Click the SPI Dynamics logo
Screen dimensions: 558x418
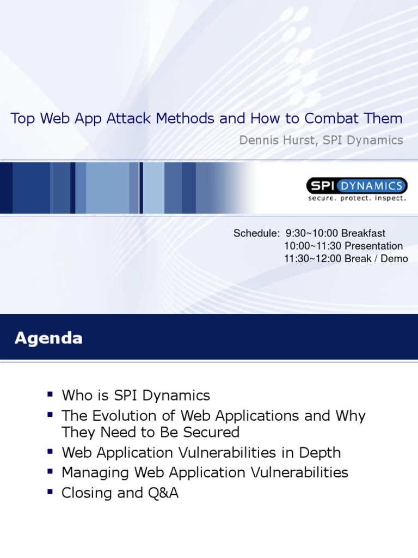coord(356,186)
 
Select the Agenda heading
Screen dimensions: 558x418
coord(48,338)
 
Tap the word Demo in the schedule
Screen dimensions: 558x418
coord(394,258)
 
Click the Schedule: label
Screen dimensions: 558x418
coord(255,233)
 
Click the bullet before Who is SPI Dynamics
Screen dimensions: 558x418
coord(51,393)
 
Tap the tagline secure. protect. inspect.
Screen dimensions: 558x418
coord(357,198)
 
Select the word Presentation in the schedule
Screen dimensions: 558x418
coord(374,246)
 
